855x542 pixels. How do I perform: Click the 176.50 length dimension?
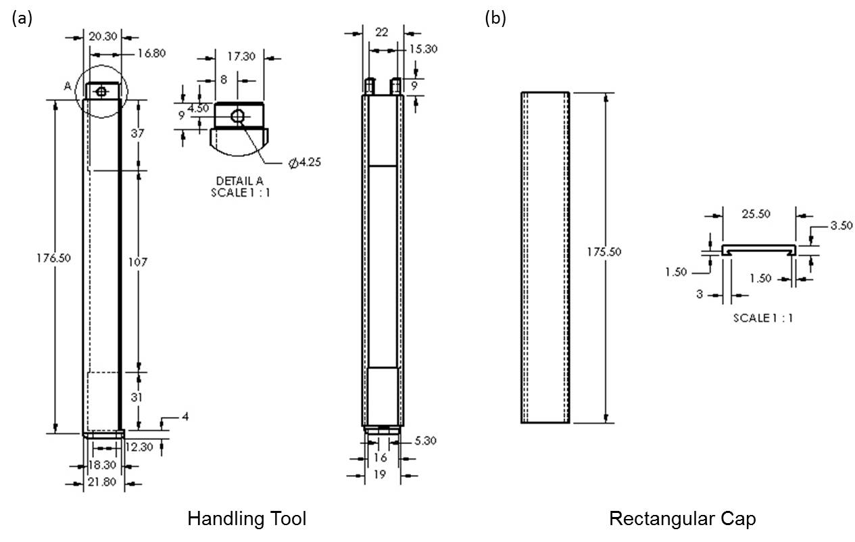pos(54,257)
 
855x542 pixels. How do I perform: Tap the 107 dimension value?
pos(138,261)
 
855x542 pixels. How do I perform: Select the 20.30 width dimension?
pos(101,36)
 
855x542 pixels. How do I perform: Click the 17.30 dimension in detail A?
pos(241,57)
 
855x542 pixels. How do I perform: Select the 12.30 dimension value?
pos(139,447)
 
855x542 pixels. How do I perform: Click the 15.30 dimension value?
pos(426,49)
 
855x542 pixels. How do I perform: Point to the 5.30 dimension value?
pos(426,441)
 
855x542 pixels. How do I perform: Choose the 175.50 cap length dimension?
pos(604,251)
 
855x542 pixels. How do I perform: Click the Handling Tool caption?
pos(247,518)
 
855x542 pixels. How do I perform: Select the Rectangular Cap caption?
pos(682,518)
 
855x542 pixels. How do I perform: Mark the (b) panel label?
pos(495,18)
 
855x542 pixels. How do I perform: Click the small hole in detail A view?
pos(237,116)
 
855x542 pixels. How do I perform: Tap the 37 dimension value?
pos(138,133)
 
